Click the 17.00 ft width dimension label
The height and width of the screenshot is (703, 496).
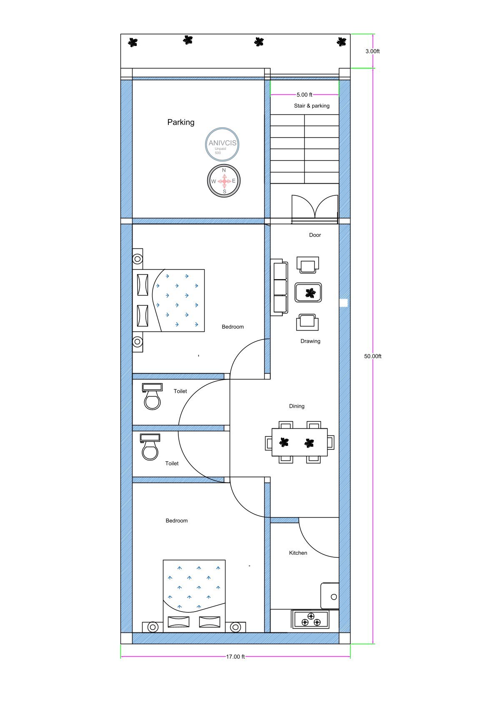tap(235, 657)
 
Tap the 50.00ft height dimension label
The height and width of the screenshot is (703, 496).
tap(373, 356)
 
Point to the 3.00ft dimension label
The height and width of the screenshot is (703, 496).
tap(373, 51)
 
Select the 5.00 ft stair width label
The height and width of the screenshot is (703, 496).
tap(304, 94)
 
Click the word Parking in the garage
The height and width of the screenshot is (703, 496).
tap(181, 122)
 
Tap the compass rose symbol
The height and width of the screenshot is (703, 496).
tap(224, 181)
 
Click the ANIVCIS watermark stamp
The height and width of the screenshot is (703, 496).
tap(222, 144)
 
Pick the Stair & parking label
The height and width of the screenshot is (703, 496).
tap(312, 106)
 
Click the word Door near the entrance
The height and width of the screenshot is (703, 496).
tap(315, 235)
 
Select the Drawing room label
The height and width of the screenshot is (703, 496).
tap(310, 341)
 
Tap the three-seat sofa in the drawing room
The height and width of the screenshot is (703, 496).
tap(279, 287)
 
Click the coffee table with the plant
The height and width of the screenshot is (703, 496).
tap(308, 293)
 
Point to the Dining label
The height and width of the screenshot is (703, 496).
tap(297, 406)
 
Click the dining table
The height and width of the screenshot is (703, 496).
tap(300, 442)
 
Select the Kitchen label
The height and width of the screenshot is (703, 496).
tap(298, 553)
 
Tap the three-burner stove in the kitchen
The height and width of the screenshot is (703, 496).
tap(310, 619)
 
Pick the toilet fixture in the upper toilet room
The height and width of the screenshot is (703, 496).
tap(152, 397)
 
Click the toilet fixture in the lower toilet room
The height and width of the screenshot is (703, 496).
tap(150, 447)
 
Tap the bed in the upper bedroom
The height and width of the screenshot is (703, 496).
tap(168, 300)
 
